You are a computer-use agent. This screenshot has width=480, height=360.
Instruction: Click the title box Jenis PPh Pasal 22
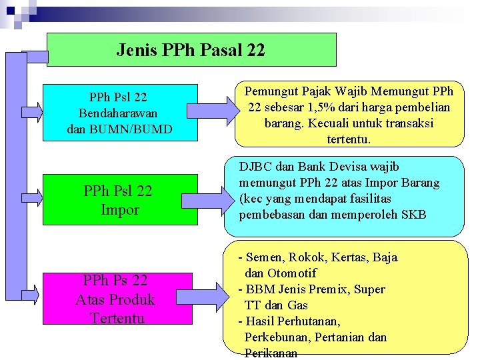(x=191, y=50)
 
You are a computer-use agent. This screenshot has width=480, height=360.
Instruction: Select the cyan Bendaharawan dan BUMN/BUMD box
(x=121, y=112)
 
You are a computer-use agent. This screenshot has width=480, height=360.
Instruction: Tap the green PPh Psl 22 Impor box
(x=121, y=199)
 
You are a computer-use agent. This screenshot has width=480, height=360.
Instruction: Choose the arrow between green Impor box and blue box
(x=205, y=201)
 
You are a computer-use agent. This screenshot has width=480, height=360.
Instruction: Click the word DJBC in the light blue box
(x=255, y=167)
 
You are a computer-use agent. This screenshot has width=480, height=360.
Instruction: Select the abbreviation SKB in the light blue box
(x=412, y=215)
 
